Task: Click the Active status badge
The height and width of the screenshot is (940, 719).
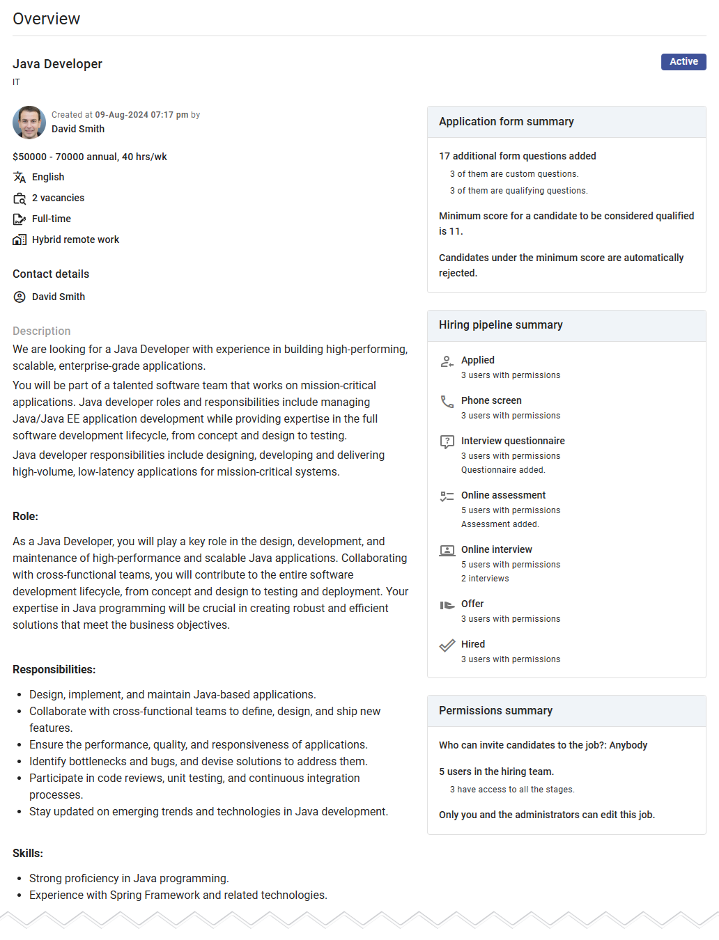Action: point(683,62)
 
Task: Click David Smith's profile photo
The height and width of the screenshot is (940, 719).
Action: point(29,123)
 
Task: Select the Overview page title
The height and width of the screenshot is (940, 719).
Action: point(47,19)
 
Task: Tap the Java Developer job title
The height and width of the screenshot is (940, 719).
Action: point(57,64)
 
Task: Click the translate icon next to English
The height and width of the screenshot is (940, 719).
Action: point(20,178)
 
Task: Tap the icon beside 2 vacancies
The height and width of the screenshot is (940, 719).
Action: point(20,198)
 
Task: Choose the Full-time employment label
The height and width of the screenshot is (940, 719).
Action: point(52,219)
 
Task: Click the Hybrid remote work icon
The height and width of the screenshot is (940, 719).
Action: point(20,240)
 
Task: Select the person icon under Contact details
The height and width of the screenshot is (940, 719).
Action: point(20,297)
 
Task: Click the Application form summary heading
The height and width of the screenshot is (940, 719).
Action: point(507,122)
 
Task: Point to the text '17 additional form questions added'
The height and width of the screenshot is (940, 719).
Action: point(518,156)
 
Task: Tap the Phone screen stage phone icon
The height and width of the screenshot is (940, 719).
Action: point(447,402)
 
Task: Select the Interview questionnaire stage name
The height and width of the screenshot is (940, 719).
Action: point(513,441)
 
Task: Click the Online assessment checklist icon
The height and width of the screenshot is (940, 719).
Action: point(447,496)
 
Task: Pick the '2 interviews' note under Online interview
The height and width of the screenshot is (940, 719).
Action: point(485,579)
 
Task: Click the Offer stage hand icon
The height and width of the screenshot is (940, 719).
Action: point(447,605)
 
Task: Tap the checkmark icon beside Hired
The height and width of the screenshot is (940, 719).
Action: point(447,645)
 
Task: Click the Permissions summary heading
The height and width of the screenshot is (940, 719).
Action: point(495,711)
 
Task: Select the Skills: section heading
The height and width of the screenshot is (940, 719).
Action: point(28,854)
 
